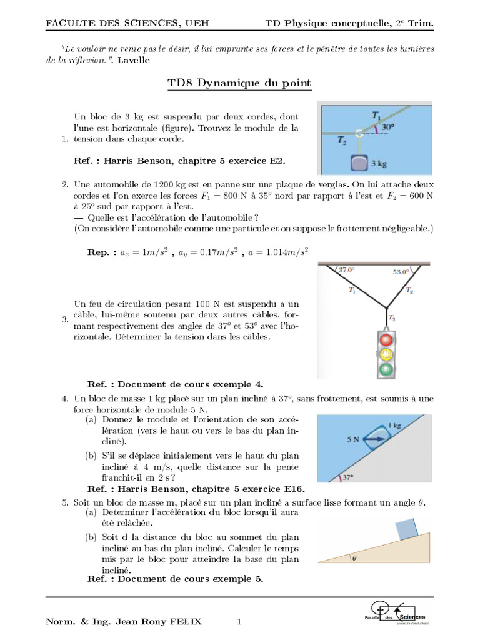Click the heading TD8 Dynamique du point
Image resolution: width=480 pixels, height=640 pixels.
coord(239,83)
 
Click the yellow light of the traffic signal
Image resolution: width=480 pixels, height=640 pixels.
coord(387,354)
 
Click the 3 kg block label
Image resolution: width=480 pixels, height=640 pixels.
coord(379,163)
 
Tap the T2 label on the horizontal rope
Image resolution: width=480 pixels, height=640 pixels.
coord(341,141)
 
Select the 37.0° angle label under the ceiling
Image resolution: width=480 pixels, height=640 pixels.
coord(346,270)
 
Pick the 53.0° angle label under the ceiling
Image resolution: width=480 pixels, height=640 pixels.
coord(401,272)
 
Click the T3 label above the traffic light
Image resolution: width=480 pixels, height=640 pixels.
coord(392,317)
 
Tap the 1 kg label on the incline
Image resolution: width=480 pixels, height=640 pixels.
coord(394,426)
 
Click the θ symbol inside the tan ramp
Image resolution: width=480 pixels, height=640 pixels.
coord(353,559)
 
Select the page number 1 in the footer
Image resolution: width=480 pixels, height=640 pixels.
coord(239,621)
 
